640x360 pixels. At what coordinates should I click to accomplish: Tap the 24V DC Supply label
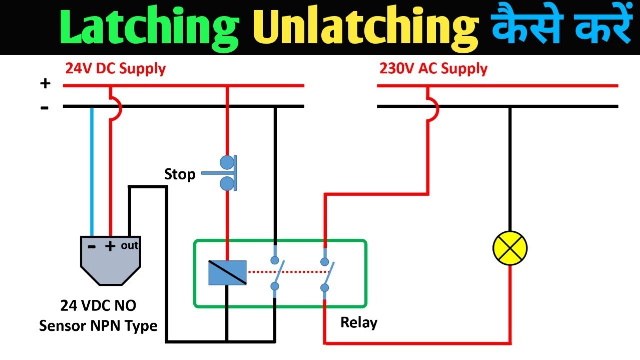click(115, 68)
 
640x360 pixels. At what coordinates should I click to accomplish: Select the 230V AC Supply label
click(433, 68)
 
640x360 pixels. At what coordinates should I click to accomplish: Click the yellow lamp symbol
click(510, 248)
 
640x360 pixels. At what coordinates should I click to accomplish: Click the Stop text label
click(180, 174)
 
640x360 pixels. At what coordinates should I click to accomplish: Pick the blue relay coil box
click(227, 273)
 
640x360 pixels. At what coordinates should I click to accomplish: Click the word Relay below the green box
click(358, 322)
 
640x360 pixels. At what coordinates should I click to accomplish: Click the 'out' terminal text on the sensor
click(129, 245)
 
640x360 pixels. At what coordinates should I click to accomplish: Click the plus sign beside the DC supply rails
click(45, 84)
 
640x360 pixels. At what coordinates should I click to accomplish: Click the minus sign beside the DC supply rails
click(45, 107)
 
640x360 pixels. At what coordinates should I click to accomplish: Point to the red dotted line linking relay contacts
click(287, 272)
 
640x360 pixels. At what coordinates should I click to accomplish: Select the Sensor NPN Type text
click(98, 326)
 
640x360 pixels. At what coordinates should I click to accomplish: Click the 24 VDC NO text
click(98, 305)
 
